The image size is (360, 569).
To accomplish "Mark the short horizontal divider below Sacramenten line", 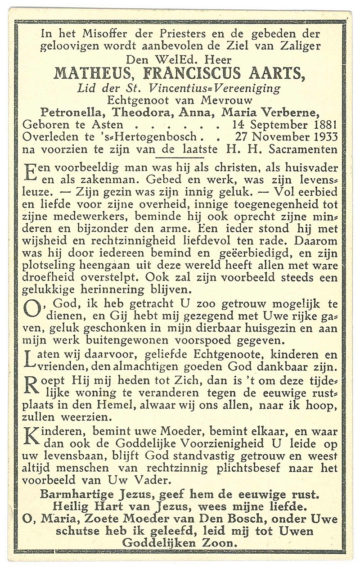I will coord(180,158).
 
